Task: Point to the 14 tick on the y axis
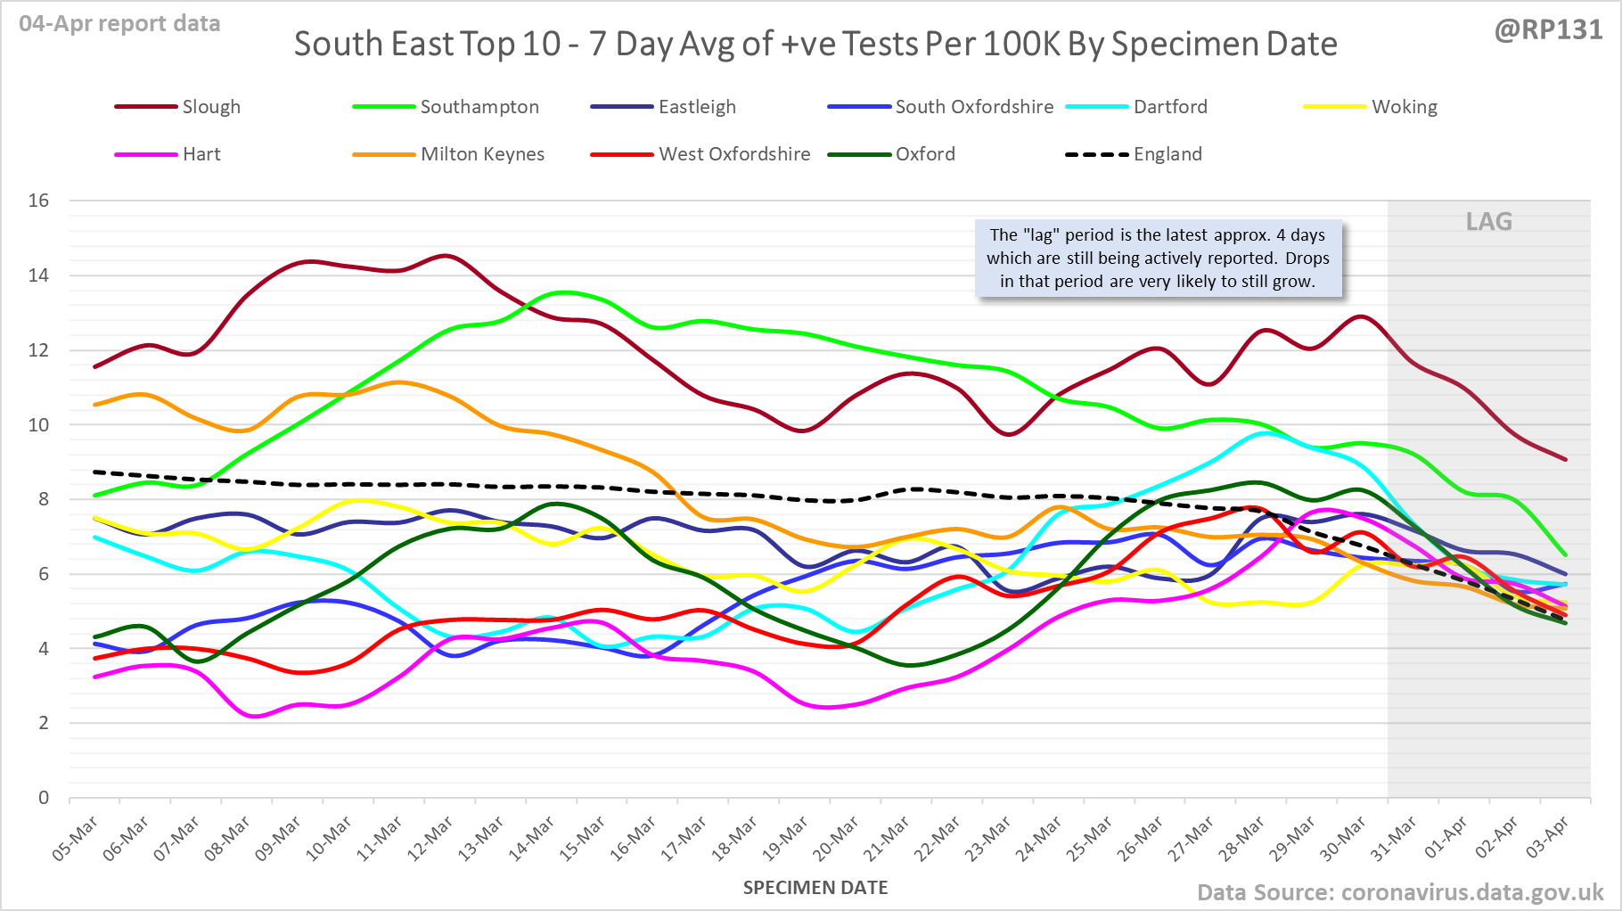[x=38, y=275]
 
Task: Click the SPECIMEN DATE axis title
[x=815, y=888]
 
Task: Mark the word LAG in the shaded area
[x=1488, y=221]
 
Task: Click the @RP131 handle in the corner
[x=1548, y=29]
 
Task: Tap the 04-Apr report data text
[x=119, y=24]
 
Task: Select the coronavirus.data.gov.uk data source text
[x=1471, y=892]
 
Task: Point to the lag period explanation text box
[x=1158, y=259]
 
